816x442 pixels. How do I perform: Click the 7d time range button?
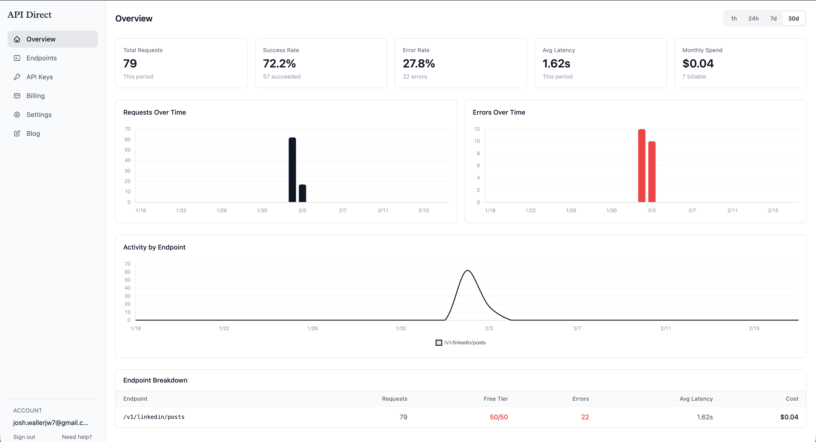773,18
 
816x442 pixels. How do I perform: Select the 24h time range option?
753,18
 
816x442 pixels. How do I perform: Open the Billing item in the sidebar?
35,96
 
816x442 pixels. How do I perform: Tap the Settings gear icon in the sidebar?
17,115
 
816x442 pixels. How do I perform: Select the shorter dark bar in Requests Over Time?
302,193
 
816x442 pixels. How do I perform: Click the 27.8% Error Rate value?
418,64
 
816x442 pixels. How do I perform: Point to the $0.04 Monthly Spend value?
698,64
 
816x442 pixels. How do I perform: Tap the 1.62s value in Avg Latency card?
556,64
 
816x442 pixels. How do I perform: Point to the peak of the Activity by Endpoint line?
467,271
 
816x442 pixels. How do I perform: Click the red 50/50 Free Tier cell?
499,417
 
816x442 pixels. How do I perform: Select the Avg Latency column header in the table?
696,399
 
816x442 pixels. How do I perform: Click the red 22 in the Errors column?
585,417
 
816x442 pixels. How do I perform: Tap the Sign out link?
24,437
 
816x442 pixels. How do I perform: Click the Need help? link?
77,437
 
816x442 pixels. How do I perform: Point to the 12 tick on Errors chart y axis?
477,129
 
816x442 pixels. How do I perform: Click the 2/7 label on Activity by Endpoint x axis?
577,328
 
